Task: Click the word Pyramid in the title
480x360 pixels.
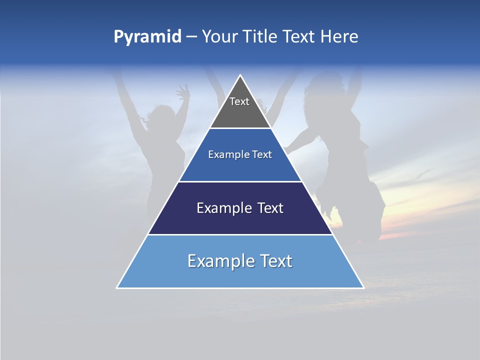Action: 147,37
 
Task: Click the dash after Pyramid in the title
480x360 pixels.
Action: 191,37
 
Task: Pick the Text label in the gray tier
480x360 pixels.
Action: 239,101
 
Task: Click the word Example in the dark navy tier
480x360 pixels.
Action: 220,208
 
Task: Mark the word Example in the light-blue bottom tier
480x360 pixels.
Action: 216,261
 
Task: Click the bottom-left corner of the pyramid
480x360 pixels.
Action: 117,287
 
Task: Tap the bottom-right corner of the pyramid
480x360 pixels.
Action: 363,287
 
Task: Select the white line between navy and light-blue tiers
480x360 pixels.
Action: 240,234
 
